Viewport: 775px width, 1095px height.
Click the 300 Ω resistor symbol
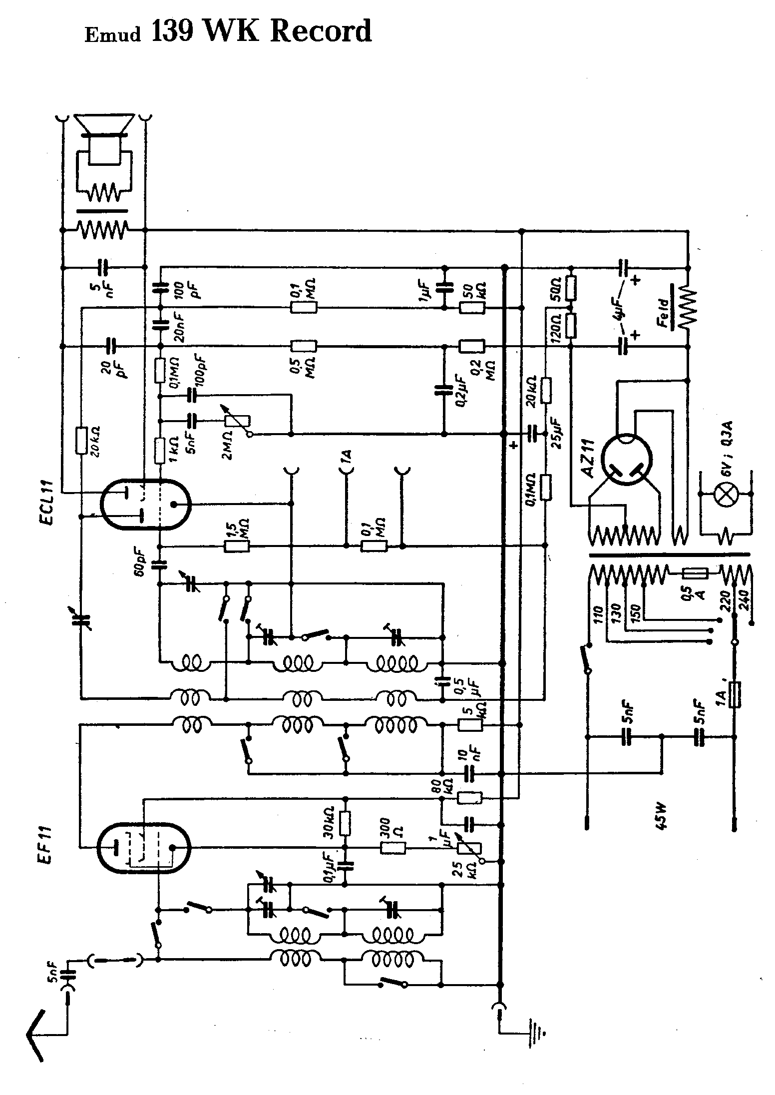pos(393,847)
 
